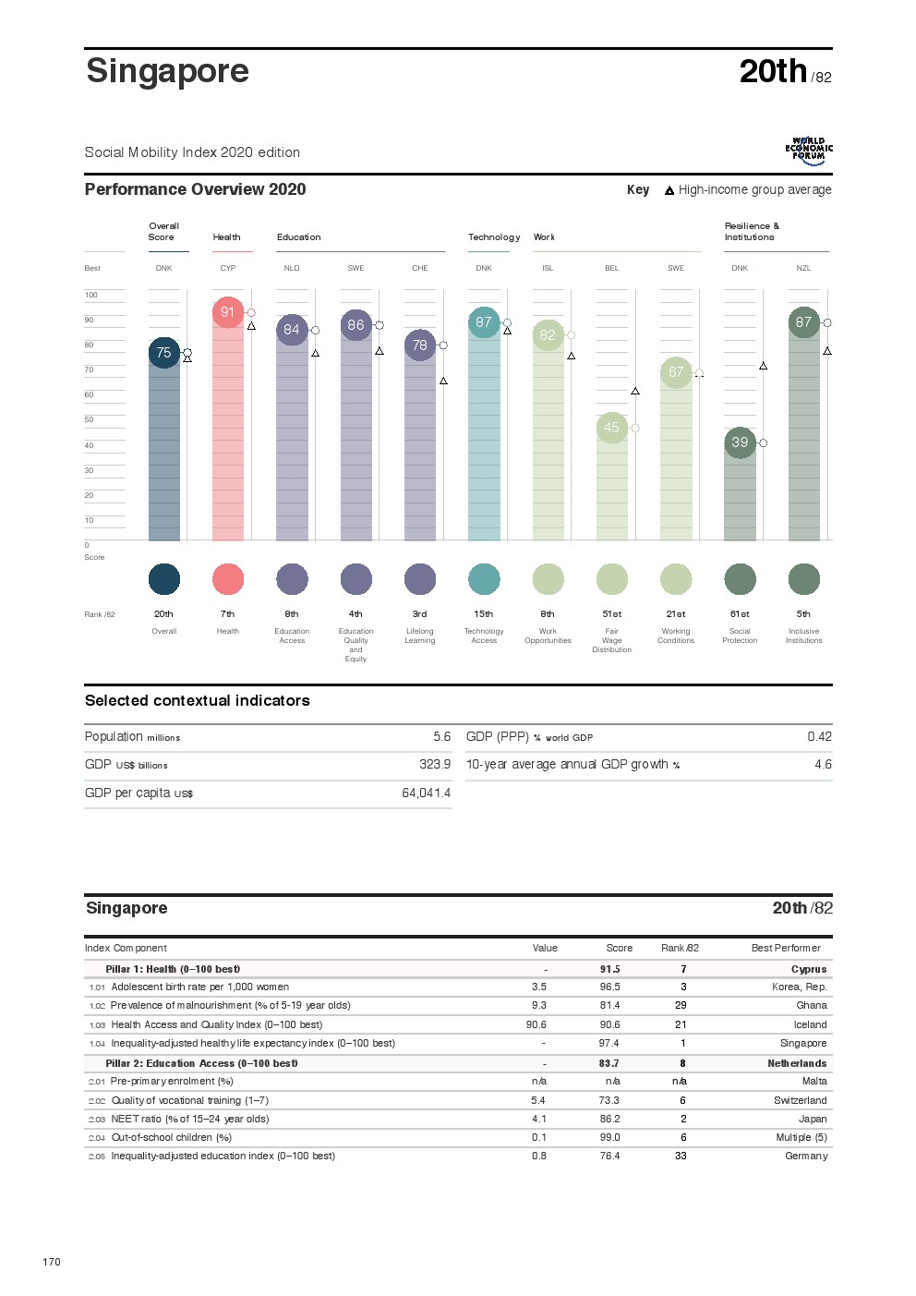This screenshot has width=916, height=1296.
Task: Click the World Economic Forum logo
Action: pyautogui.click(x=809, y=151)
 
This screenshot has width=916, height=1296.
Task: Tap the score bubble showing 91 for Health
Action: pyautogui.click(x=227, y=312)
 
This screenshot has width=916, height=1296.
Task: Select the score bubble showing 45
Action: pyautogui.click(x=611, y=428)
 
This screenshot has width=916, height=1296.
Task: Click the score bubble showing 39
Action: pyautogui.click(x=740, y=442)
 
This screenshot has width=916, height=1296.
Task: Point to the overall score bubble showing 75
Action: pyautogui.click(x=163, y=353)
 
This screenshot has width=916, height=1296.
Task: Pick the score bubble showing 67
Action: pyautogui.click(x=676, y=372)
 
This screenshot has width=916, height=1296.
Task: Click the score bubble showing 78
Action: pyautogui.click(x=420, y=345)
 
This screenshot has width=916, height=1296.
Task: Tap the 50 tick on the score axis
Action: pyautogui.click(x=90, y=419)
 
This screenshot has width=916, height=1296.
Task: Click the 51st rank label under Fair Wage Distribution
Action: pyautogui.click(x=611, y=614)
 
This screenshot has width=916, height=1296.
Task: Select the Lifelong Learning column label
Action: pyautogui.click(x=420, y=636)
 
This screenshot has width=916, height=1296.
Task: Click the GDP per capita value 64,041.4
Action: pyautogui.click(x=426, y=793)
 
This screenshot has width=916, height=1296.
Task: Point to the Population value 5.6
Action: pyautogui.click(x=441, y=737)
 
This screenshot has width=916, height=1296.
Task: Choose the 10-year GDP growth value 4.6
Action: pyautogui.click(x=823, y=765)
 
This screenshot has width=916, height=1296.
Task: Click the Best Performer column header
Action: pyautogui.click(x=785, y=948)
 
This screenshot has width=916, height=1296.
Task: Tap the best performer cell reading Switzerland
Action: pyautogui.click(x=800, y=1100)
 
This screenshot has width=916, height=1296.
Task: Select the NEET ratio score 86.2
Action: pyautogui.click(x=609, y=1119)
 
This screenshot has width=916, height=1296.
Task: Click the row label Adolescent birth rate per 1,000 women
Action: pyautogui.click(x=199, y=987)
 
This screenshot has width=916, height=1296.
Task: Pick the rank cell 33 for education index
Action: pyautogui.click(x=681, y=1156)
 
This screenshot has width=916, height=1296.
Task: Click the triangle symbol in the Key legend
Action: pyautogui.click(x=669, y=191)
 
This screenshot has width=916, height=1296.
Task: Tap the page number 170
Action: pyautogui.click(x=52, y=1262)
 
